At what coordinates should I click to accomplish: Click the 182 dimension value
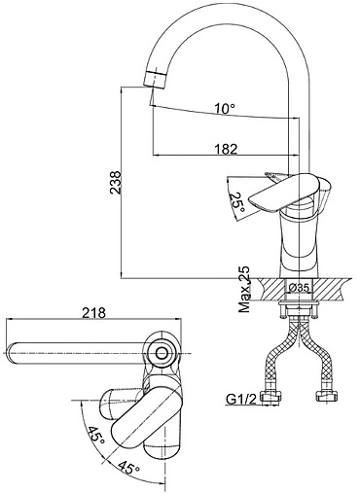click(226, 149)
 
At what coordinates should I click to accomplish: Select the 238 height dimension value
click(116, 183)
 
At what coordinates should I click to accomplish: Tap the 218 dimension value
click(93, 313)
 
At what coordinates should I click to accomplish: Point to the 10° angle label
click(225, 108)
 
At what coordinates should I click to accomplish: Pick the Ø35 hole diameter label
click(299, 287)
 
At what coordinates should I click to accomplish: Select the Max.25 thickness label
click(244, 290)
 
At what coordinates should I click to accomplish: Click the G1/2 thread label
click(241, 400)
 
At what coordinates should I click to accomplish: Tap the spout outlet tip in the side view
click(155, 79)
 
